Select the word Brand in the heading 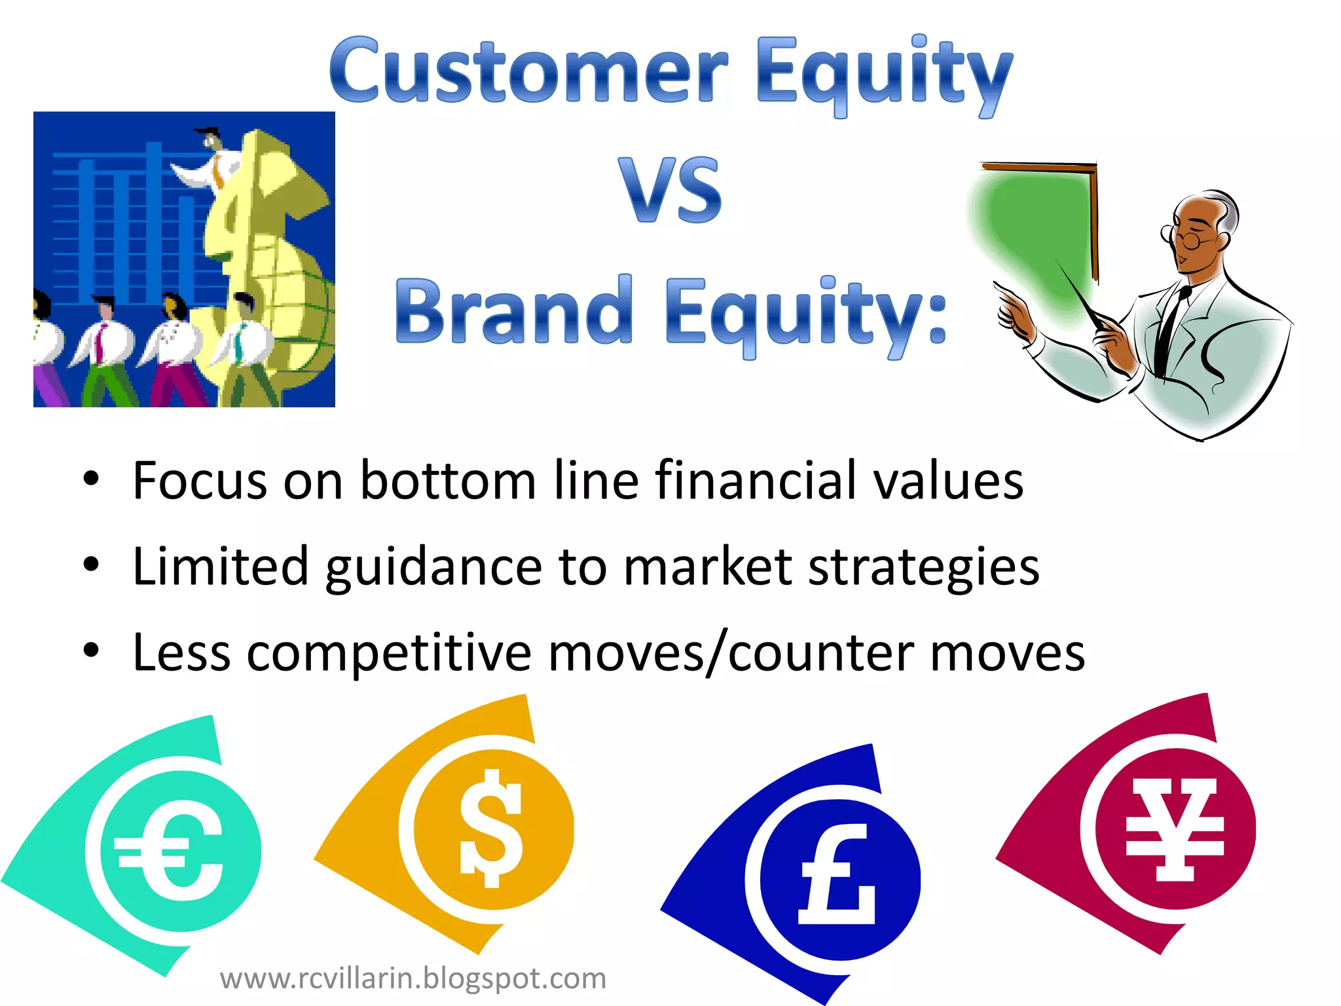pyautogui.click(x=513, y=311)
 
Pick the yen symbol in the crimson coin pyautogui.click(x=1175, y=829)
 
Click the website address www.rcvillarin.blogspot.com pyautogui.click(x=413, y=978)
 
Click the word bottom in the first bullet pyautogui.click(x=448, y=481)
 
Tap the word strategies pyautogui.click(x=924, y=567)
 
